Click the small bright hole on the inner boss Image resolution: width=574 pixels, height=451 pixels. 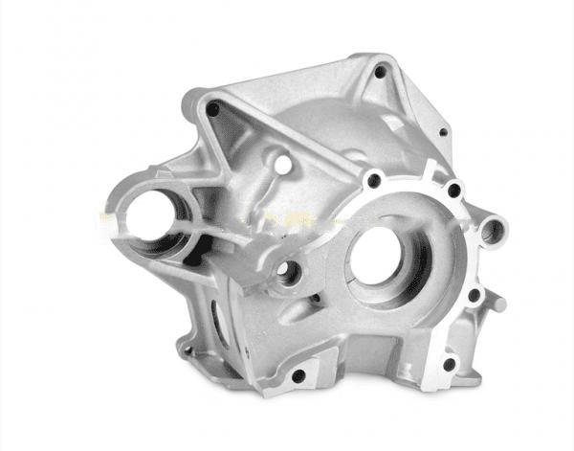283,166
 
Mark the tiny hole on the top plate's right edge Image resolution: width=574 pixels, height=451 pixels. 442,133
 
